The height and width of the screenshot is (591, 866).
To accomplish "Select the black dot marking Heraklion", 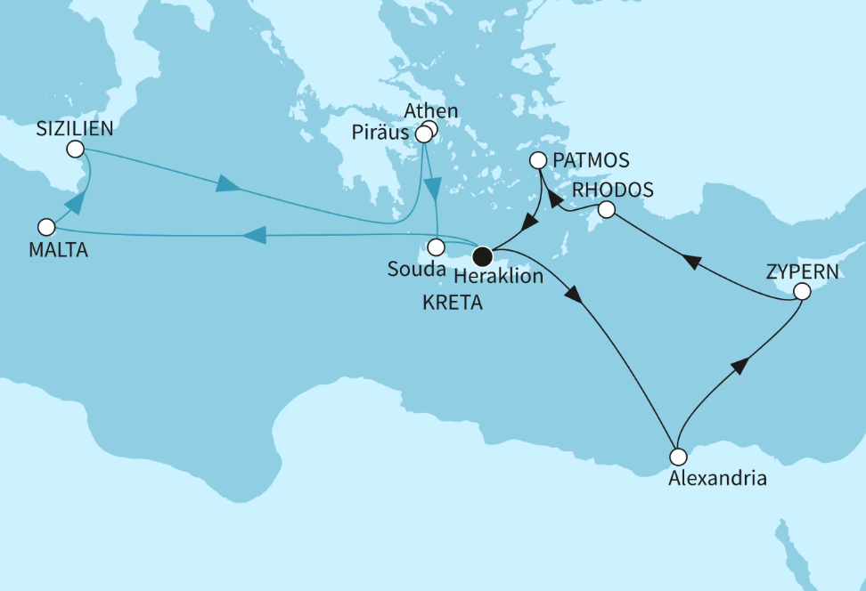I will click(x=482, y=256).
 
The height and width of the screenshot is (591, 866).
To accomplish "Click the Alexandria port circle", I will click(x=679, y=457).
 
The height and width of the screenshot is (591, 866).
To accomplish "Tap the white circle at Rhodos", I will click(x=606, y=210).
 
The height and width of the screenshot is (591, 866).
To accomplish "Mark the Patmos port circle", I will click(x=538, y=161).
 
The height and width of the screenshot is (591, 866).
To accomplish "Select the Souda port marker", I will click(x=436, y=247).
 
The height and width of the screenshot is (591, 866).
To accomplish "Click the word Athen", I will click(x=430, y=111).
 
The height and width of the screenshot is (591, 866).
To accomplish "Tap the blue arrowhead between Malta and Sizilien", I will click(x=77, y=201).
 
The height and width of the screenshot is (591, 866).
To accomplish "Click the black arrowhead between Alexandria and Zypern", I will click(x=739, y=366).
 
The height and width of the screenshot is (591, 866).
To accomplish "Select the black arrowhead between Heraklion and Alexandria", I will click(x=576, y=296).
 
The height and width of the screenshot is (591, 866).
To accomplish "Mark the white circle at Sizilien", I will click(x=75, y=149).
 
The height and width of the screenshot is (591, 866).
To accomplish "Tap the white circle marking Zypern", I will click(x=802, y=291).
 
